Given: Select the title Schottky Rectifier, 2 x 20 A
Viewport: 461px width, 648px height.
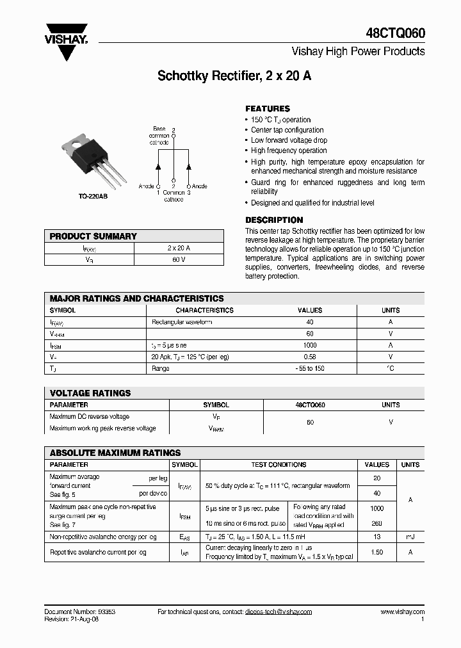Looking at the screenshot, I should click(x=234, y=76).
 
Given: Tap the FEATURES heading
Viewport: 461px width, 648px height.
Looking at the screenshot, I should click(x=268, y=109).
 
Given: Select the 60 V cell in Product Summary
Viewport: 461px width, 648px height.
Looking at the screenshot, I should click(x=178, y=260).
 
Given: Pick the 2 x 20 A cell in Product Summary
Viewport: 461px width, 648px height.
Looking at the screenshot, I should click(x=178, y=248).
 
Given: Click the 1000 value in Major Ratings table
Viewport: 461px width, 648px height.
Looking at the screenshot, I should click(x=310, y=345).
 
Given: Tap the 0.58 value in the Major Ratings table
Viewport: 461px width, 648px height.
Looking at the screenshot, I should click(x=310, y=357).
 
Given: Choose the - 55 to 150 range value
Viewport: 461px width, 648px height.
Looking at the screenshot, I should click(x=310, y=368).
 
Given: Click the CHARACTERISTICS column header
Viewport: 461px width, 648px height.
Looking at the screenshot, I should click(x=204, y=310).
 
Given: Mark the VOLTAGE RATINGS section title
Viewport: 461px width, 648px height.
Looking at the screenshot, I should click(x=90, y=393).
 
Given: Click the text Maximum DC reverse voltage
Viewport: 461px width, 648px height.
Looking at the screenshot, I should click(x=89, y=417).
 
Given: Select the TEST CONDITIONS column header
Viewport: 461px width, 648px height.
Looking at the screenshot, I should click(x=279, y=465).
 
